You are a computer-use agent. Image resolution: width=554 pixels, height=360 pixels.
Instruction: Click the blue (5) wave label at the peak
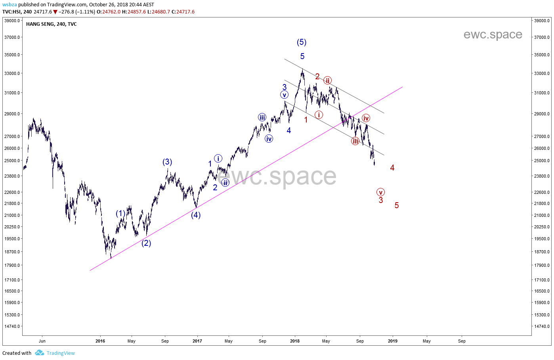click(x=302, y=42)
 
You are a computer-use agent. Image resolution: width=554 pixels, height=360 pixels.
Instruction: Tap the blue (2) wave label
click(x=146, y=243)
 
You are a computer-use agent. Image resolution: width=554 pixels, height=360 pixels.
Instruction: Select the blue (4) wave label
click(x=196, y=215)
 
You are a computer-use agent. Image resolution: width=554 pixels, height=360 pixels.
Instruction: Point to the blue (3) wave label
click(x=167, y=162)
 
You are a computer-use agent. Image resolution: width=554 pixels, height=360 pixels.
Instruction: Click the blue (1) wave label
click(x=120, y=214)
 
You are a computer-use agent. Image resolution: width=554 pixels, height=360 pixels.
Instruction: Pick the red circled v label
click(x=380, y=192)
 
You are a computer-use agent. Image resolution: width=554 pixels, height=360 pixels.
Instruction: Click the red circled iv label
click(x=366, y=118)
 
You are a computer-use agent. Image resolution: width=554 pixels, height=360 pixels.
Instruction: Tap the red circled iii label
click(x=355, y=141)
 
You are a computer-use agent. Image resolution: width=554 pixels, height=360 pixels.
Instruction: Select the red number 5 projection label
click(x=396, y=205)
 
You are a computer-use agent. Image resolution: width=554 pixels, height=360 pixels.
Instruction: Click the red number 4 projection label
click(x=392, y=168)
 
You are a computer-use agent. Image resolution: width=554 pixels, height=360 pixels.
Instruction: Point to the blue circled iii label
click(x=262, y=117)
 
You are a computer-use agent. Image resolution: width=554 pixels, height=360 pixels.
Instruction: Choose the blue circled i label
click(x=218, y=159)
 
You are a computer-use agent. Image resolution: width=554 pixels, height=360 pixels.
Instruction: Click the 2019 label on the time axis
click(x=392, y=341)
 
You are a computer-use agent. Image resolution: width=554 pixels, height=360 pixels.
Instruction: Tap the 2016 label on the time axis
click(x=100, y=341)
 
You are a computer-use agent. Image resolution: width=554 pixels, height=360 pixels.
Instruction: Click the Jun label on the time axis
click(x=42, y=341)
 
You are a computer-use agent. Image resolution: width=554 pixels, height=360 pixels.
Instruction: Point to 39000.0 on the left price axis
click(x=12, y=21)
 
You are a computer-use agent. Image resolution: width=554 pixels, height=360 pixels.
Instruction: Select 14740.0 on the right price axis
click(x=542, y=326)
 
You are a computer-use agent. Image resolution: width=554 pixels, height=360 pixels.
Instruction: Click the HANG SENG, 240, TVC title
click(x=52, y=24)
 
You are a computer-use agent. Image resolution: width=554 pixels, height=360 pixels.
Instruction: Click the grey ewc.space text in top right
click(x=493, y=35)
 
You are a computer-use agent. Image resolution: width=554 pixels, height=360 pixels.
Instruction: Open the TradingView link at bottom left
click(x=60, y=353)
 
